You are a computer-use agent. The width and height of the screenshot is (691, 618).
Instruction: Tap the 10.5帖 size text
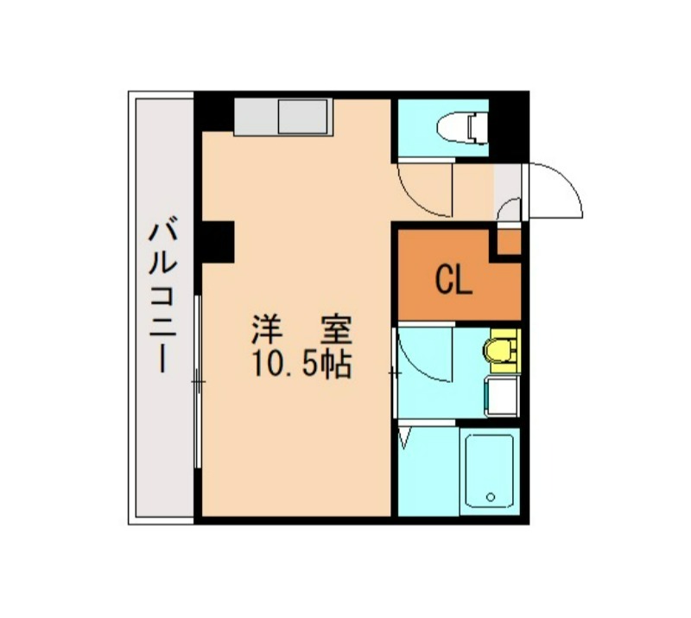click(301, 366)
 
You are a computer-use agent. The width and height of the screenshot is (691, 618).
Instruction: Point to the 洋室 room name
click(301, 331)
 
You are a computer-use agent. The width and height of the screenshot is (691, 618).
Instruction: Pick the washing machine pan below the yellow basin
click(502, 397)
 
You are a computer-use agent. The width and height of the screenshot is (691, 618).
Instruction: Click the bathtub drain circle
click(490, 497)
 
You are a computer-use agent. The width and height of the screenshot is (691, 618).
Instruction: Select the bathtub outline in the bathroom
click(490, 472)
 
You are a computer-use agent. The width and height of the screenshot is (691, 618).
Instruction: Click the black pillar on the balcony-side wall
click(217, 241)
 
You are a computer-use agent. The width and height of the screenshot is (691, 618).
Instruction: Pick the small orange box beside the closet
click(510, 242)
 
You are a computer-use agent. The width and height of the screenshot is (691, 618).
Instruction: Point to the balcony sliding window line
click(199, 380)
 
